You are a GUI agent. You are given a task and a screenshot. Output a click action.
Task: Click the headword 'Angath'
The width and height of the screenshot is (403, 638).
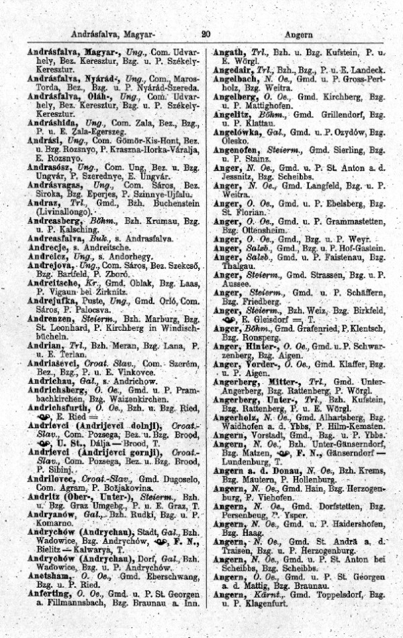coord(230,52)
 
